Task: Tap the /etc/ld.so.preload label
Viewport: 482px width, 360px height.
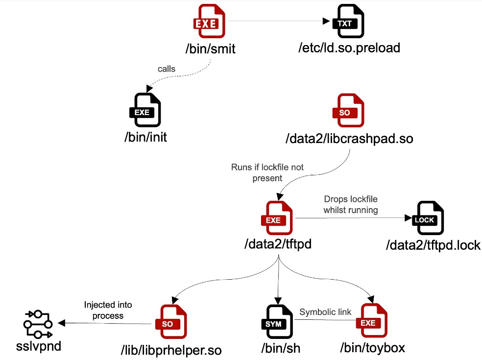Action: [349, 48]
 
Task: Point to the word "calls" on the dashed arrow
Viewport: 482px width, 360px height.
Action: [167, 69]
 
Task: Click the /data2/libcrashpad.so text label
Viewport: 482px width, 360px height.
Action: [349, 139]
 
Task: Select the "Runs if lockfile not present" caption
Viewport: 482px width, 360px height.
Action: [267, 172]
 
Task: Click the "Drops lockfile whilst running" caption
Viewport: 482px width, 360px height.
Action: [351, 204]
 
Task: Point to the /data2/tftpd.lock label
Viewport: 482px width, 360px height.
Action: [434, 245]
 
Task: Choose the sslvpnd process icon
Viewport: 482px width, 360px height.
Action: [38, 324]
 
